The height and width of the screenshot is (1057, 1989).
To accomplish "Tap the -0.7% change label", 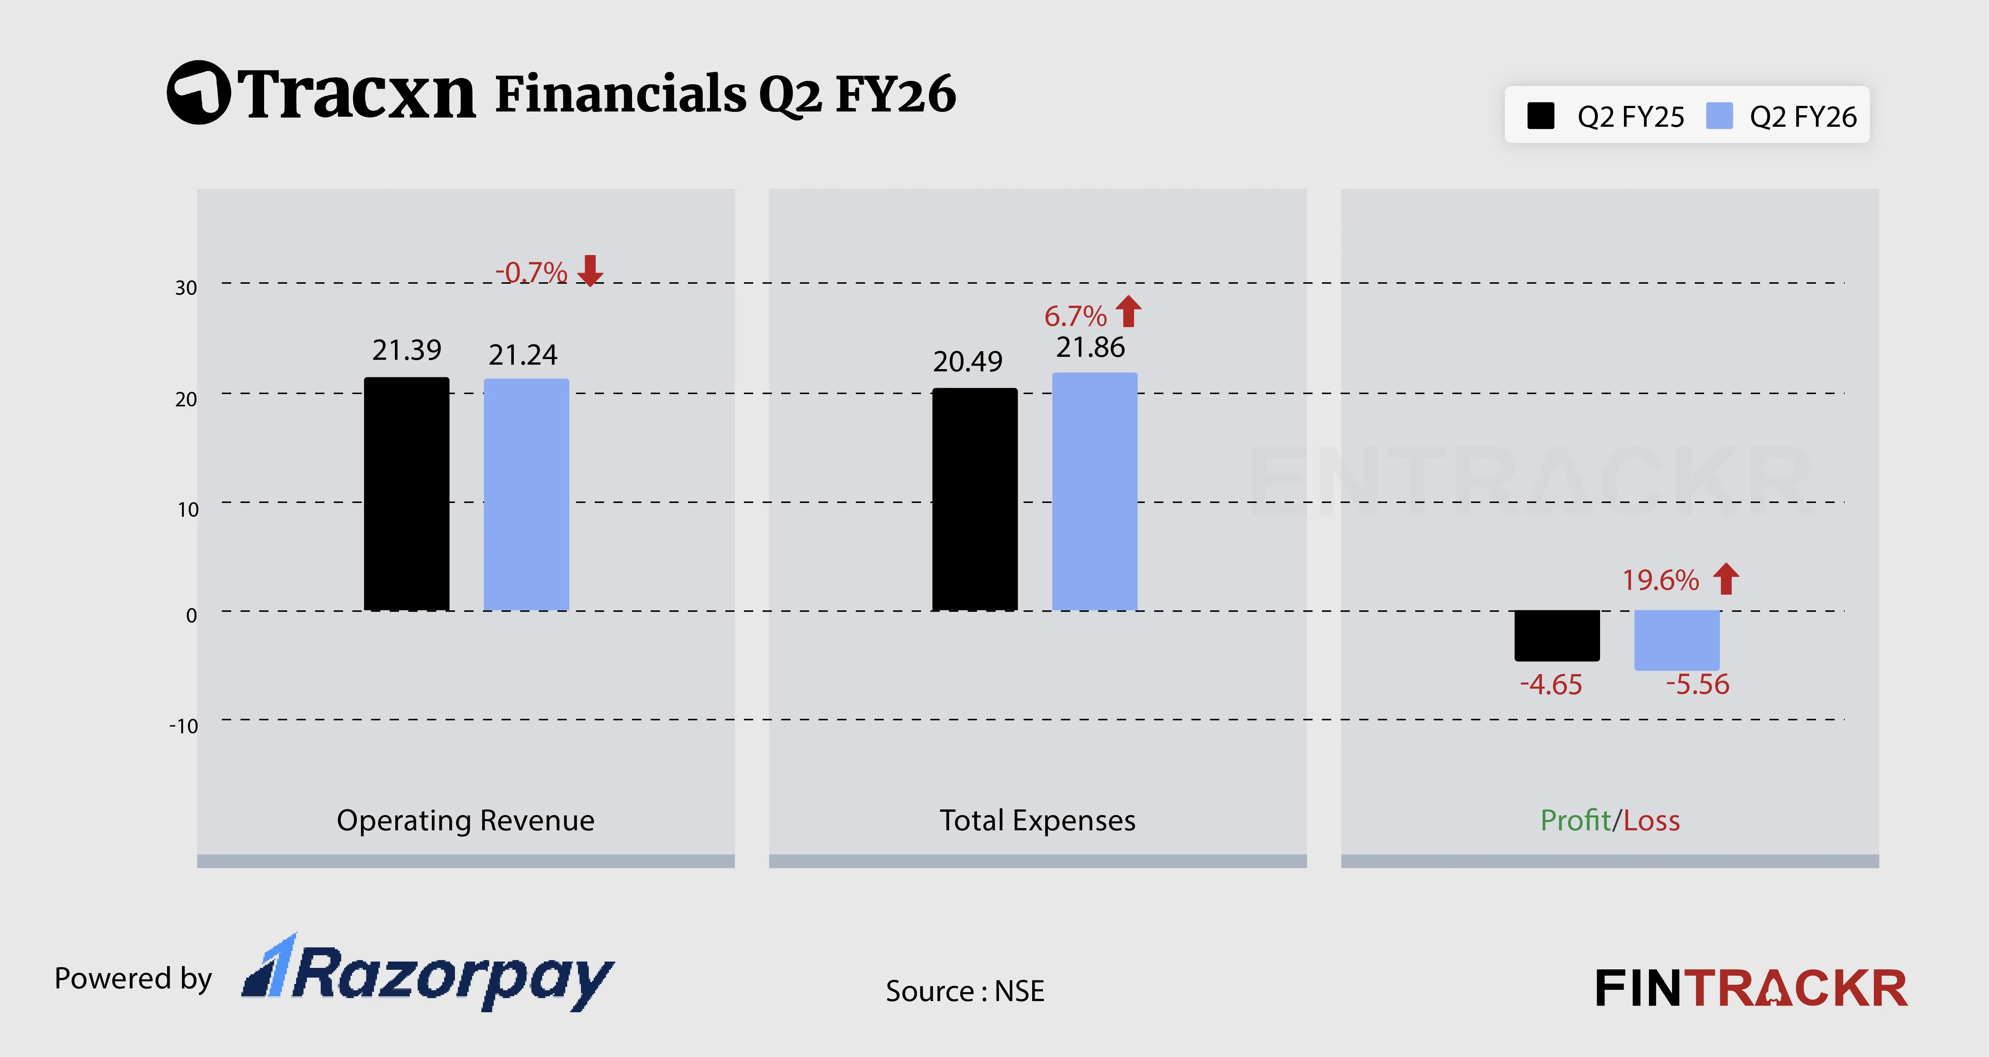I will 531,273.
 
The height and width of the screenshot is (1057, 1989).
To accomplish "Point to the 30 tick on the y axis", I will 186,288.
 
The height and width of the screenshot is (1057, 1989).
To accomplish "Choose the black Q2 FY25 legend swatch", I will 1540,117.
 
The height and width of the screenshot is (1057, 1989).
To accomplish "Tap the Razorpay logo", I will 428,974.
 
